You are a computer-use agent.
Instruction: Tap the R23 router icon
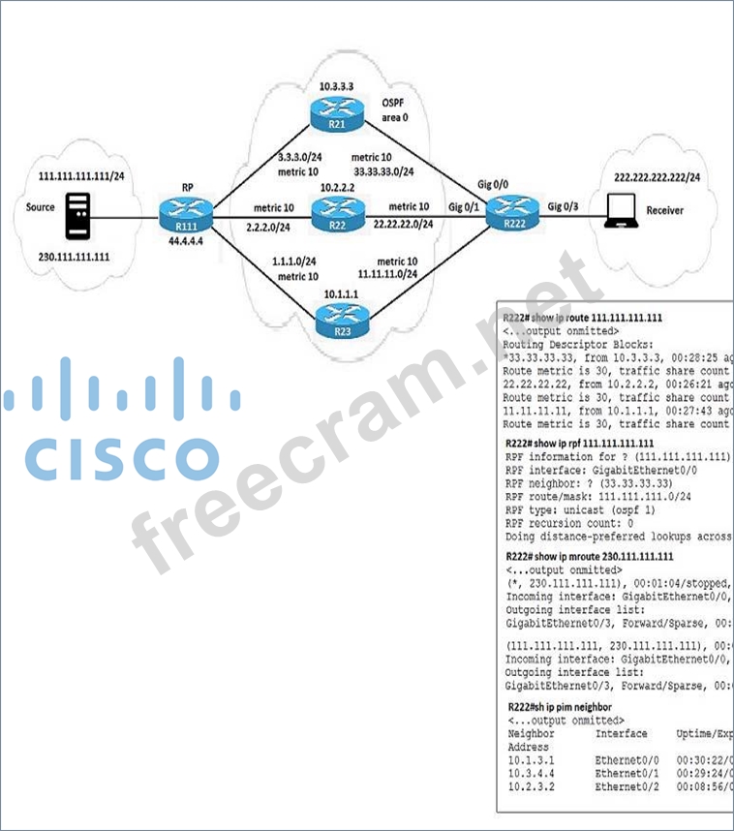tap(341, 317)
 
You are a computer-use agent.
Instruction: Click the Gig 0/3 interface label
tap(567, 206)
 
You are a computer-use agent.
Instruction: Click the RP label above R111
tap(189, 188)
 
